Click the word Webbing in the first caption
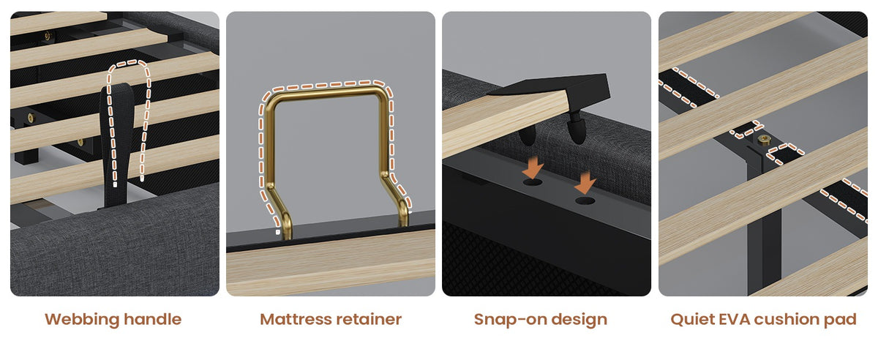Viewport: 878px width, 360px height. (82, 320)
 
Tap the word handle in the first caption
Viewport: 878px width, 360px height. (152, 319)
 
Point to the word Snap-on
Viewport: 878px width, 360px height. (507, 320)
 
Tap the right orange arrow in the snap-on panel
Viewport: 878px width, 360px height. (585, 182)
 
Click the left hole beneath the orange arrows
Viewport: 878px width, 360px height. (533, 182)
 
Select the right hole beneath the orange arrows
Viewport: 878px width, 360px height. (585, 201)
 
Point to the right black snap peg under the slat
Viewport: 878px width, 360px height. (577, 129)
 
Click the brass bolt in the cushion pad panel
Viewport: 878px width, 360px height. (764, 139)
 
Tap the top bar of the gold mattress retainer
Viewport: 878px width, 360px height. (326, 93)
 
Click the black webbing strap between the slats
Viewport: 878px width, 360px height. (116, 145)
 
